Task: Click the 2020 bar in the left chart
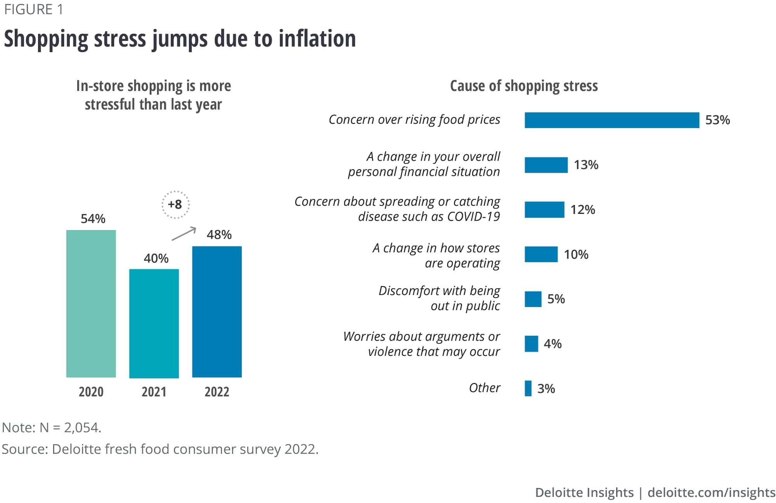click(x=91, y=304)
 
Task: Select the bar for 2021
click(x=154, y=323)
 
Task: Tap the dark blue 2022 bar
click(x=217, y=312)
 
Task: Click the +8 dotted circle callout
click(x=175, y=205)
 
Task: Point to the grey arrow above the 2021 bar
click(x=184, y=234)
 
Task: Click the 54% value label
click(x=93, y=219)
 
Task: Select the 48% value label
click(x=219, y=235)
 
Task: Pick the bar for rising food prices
click(x=612, y=120)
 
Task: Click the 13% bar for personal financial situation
click(x=546, y=165)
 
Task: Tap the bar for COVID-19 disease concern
click(x=544, y=210)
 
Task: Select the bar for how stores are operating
click(x=541, y=255)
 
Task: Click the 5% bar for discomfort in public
click(x=533, y=299)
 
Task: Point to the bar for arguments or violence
click(x=531, y=344)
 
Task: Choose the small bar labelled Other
click(x=528, y=389)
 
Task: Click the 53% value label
click(x=717, y=120)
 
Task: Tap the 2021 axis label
click(x=154, y=392)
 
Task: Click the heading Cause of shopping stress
click(x=524, y=86)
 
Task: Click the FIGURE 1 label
click(x=33, y=9)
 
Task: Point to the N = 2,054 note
click(x=52, y=428)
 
